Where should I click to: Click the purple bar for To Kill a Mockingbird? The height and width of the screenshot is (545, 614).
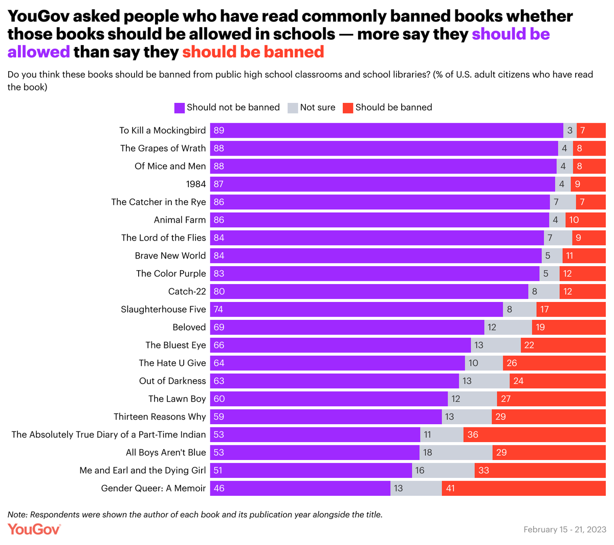(386, 130)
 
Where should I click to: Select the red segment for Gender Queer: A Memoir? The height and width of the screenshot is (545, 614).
(523, 488)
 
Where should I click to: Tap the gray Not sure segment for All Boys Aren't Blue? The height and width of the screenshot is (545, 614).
(455, 452)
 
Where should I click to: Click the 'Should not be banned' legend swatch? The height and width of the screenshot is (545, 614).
(180, 108)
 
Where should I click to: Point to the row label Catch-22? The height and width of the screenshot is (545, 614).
(187, 292)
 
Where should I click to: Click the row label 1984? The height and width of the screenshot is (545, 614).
(196, 184)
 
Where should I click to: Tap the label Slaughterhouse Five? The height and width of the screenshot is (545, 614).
(163, 310)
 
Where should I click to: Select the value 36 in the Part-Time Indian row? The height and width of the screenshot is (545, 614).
(473, 434)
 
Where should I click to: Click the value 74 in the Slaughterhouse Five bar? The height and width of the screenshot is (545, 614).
(219, 310)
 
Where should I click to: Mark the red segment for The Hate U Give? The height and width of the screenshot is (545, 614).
(554, 363)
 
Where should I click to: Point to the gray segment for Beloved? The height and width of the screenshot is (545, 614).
(508, 327)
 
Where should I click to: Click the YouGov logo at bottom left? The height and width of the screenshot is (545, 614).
(34, 529)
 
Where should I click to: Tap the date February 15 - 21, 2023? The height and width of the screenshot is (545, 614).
(565, 530)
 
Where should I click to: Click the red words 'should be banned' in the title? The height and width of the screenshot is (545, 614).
(253, 52)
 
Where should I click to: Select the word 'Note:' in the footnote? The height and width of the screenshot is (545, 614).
(18, 515)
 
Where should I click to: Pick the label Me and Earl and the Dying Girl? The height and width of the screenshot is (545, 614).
(143, 470)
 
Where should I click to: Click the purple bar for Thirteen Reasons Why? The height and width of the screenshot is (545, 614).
(325, 417)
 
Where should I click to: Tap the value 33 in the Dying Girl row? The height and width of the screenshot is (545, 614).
(484, 470)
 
